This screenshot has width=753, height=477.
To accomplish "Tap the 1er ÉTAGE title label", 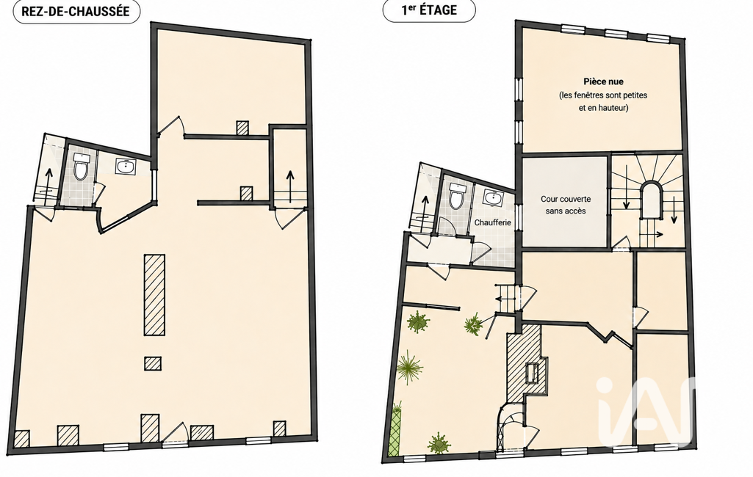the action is tap(429, 10).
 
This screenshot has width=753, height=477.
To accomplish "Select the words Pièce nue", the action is tap(603, 81).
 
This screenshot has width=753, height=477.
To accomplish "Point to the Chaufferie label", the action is tap(493, 222).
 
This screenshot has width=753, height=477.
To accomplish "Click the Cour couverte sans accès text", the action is tap(566, 205).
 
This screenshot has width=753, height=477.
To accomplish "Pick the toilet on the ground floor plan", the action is tap(80, 167).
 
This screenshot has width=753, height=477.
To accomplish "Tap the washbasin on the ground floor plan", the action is tap(126, 167).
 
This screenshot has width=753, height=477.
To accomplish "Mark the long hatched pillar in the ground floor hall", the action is tap(154, 295).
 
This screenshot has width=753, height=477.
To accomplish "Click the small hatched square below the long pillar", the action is tap(153, 363).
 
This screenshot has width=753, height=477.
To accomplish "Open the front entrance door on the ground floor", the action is tap(176, 434).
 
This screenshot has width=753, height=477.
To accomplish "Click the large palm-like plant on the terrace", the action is tap(410, 367).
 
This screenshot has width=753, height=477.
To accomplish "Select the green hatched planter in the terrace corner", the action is tap(394, 429).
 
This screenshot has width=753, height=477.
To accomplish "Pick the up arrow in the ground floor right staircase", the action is tap(289, 186).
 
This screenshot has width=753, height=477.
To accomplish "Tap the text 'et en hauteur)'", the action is tap(603, 108).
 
